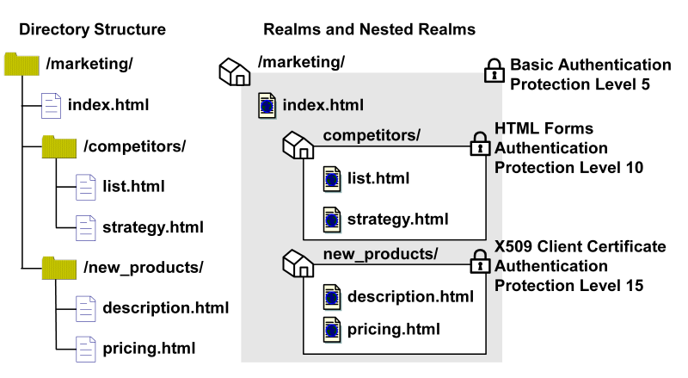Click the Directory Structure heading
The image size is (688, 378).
pyautogui.click(x=92, y=29)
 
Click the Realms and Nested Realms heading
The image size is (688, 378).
pyautogui.click(x=369, y=29)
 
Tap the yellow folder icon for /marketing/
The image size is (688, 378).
pyautogui.click(x=21, y=64)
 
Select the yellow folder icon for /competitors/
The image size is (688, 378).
pyautogui.click(x=58, y=146)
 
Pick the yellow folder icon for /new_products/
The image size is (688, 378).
pyautogui.click(x=58, y=267)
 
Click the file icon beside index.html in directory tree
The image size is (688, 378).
pyautogui.click(x=52, y=106)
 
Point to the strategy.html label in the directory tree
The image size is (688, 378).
pyautogui.click(x=152, y=227)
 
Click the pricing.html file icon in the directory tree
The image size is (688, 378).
pyautogui.click(x=86, y=348)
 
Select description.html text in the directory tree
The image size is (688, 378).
pyautogui.click(x=165, y=307)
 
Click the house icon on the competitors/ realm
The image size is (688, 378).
pyautogui.click(x=297, y=145)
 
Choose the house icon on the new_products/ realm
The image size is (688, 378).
pyautogui.click(x=297, y=262)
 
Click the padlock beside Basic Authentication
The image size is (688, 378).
pyautogui.click(x=493, y=71)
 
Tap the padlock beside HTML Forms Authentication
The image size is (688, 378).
pyautogui.click(x=478, y=145)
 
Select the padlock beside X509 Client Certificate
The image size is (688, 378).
pyautogui.click(x=478, y=262)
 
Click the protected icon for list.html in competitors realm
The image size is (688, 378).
pyautogui.click(x=332, y=178)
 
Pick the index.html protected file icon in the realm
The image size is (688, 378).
pyautogui.click(x=267, y=106)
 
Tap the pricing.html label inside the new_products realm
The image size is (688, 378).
pyautogui.click(x=394, y=328)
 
